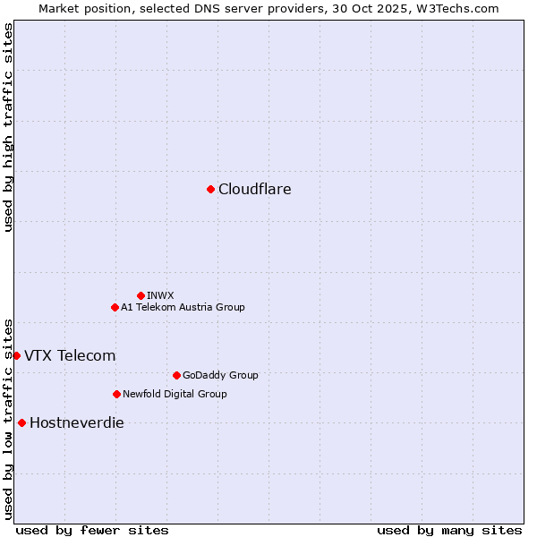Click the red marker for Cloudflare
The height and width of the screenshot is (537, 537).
(210, 189)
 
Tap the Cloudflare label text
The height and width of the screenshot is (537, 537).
(255, 189)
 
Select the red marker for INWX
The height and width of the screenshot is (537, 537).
(141, 295)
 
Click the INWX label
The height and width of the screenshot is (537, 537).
(160, 295)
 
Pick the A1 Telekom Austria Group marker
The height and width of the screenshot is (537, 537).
(115, 307)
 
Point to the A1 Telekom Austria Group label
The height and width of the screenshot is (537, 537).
(183, 307)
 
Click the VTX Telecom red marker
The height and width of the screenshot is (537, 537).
(16, 355)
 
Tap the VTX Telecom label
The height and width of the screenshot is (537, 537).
(70, 355)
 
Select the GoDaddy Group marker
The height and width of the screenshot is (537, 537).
(176, 375)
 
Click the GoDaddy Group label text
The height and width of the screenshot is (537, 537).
(220, 375)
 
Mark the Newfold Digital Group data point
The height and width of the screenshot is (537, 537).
(116, 394)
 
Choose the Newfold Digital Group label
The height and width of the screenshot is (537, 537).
(175, 394)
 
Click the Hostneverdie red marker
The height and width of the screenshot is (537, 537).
(21, 422)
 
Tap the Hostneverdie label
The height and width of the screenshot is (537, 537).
(77, 422)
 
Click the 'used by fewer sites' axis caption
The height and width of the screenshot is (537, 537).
(92, 530)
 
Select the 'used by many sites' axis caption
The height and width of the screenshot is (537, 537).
(449, 530)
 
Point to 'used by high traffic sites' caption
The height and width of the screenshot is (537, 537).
(8, 128)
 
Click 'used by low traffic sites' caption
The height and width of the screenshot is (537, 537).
(8, 418)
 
